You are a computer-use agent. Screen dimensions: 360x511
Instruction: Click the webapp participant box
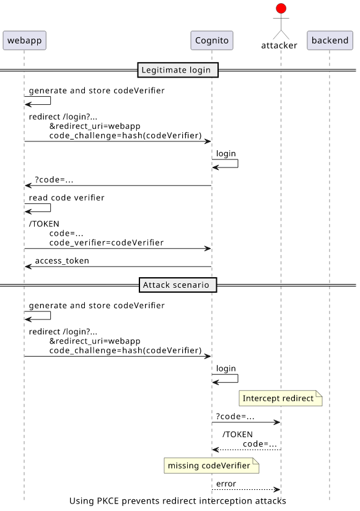pyautogui.click(x=24, y=40)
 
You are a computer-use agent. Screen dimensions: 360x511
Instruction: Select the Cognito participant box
pyautogui.click(x=212, y=40)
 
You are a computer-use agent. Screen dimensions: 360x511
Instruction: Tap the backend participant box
pyautogui.click(x=330, y=40)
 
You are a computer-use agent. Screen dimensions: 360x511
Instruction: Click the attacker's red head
pyautogui.click(x=281, y=9)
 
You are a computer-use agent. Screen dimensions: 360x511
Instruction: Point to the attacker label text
pyautogui.click(x=279, y=45)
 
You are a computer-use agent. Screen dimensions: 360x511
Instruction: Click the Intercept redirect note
pyautogui.click(x=281, y=398)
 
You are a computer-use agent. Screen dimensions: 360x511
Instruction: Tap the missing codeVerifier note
pyautogui.click(x=211, y=465)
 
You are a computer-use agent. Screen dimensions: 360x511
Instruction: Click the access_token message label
pyautogui.click(x=62, y=260)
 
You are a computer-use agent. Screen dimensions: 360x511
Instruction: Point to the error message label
pyautogui.click(x=226, y=484)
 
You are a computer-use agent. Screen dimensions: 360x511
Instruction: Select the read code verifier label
pyautogui.click(x=66, y=198)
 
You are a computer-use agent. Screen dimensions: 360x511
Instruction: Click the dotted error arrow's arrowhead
pyautogui.click(x=278, y=489)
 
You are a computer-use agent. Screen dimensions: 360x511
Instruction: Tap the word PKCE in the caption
pyautogui.click(x=108, y=501)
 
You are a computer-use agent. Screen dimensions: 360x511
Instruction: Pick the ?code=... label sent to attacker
pyautogui.click(x=235, y=417)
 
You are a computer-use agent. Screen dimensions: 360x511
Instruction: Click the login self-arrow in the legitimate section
pyautogui.click(x=238, y=163)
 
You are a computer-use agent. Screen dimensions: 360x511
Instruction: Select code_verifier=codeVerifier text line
pyautogui.click(x=107, y=243)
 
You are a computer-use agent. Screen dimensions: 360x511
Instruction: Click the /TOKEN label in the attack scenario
pyautogui.click(x=237, y=435)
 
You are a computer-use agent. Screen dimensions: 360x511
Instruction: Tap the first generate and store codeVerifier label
pyautogui.click(x=97, y=91)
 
